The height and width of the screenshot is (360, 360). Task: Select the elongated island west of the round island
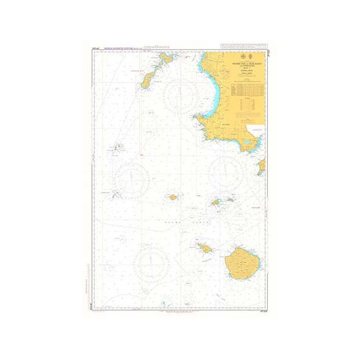[x=204, y=248]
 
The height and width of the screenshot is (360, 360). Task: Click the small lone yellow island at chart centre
[x=173, y=197]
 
